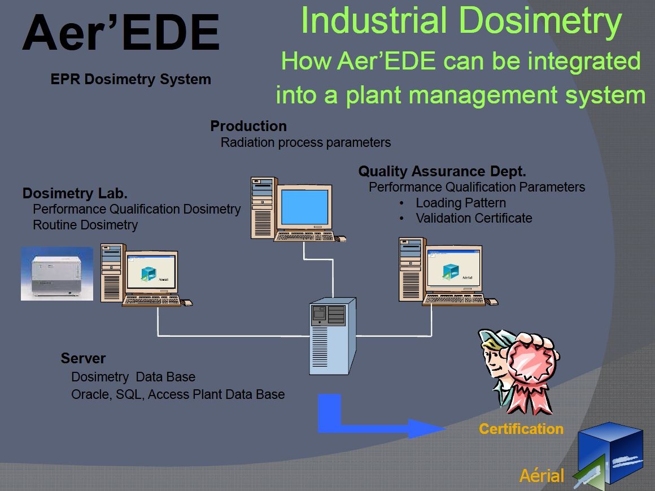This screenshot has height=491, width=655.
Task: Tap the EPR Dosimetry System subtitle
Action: point(130,79)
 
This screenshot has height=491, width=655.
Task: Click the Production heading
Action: point(248,126)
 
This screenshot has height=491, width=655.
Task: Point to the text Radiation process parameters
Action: point(305,142)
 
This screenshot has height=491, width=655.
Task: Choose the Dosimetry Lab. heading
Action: point(75,193)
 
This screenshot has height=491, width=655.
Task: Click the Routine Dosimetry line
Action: point(85,225)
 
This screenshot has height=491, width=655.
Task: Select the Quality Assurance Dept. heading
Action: point(442,171)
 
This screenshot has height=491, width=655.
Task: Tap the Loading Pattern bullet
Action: point(461,203)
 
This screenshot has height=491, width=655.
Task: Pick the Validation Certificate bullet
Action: point(474,218)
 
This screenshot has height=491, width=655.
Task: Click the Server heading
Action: point(83,358)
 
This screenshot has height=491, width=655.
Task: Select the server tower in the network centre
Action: point(333,336)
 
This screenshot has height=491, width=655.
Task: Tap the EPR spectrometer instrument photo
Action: point(56,273)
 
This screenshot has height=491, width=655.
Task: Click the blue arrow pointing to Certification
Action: point(384,421)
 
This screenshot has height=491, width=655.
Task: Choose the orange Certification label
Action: point(521,429)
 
